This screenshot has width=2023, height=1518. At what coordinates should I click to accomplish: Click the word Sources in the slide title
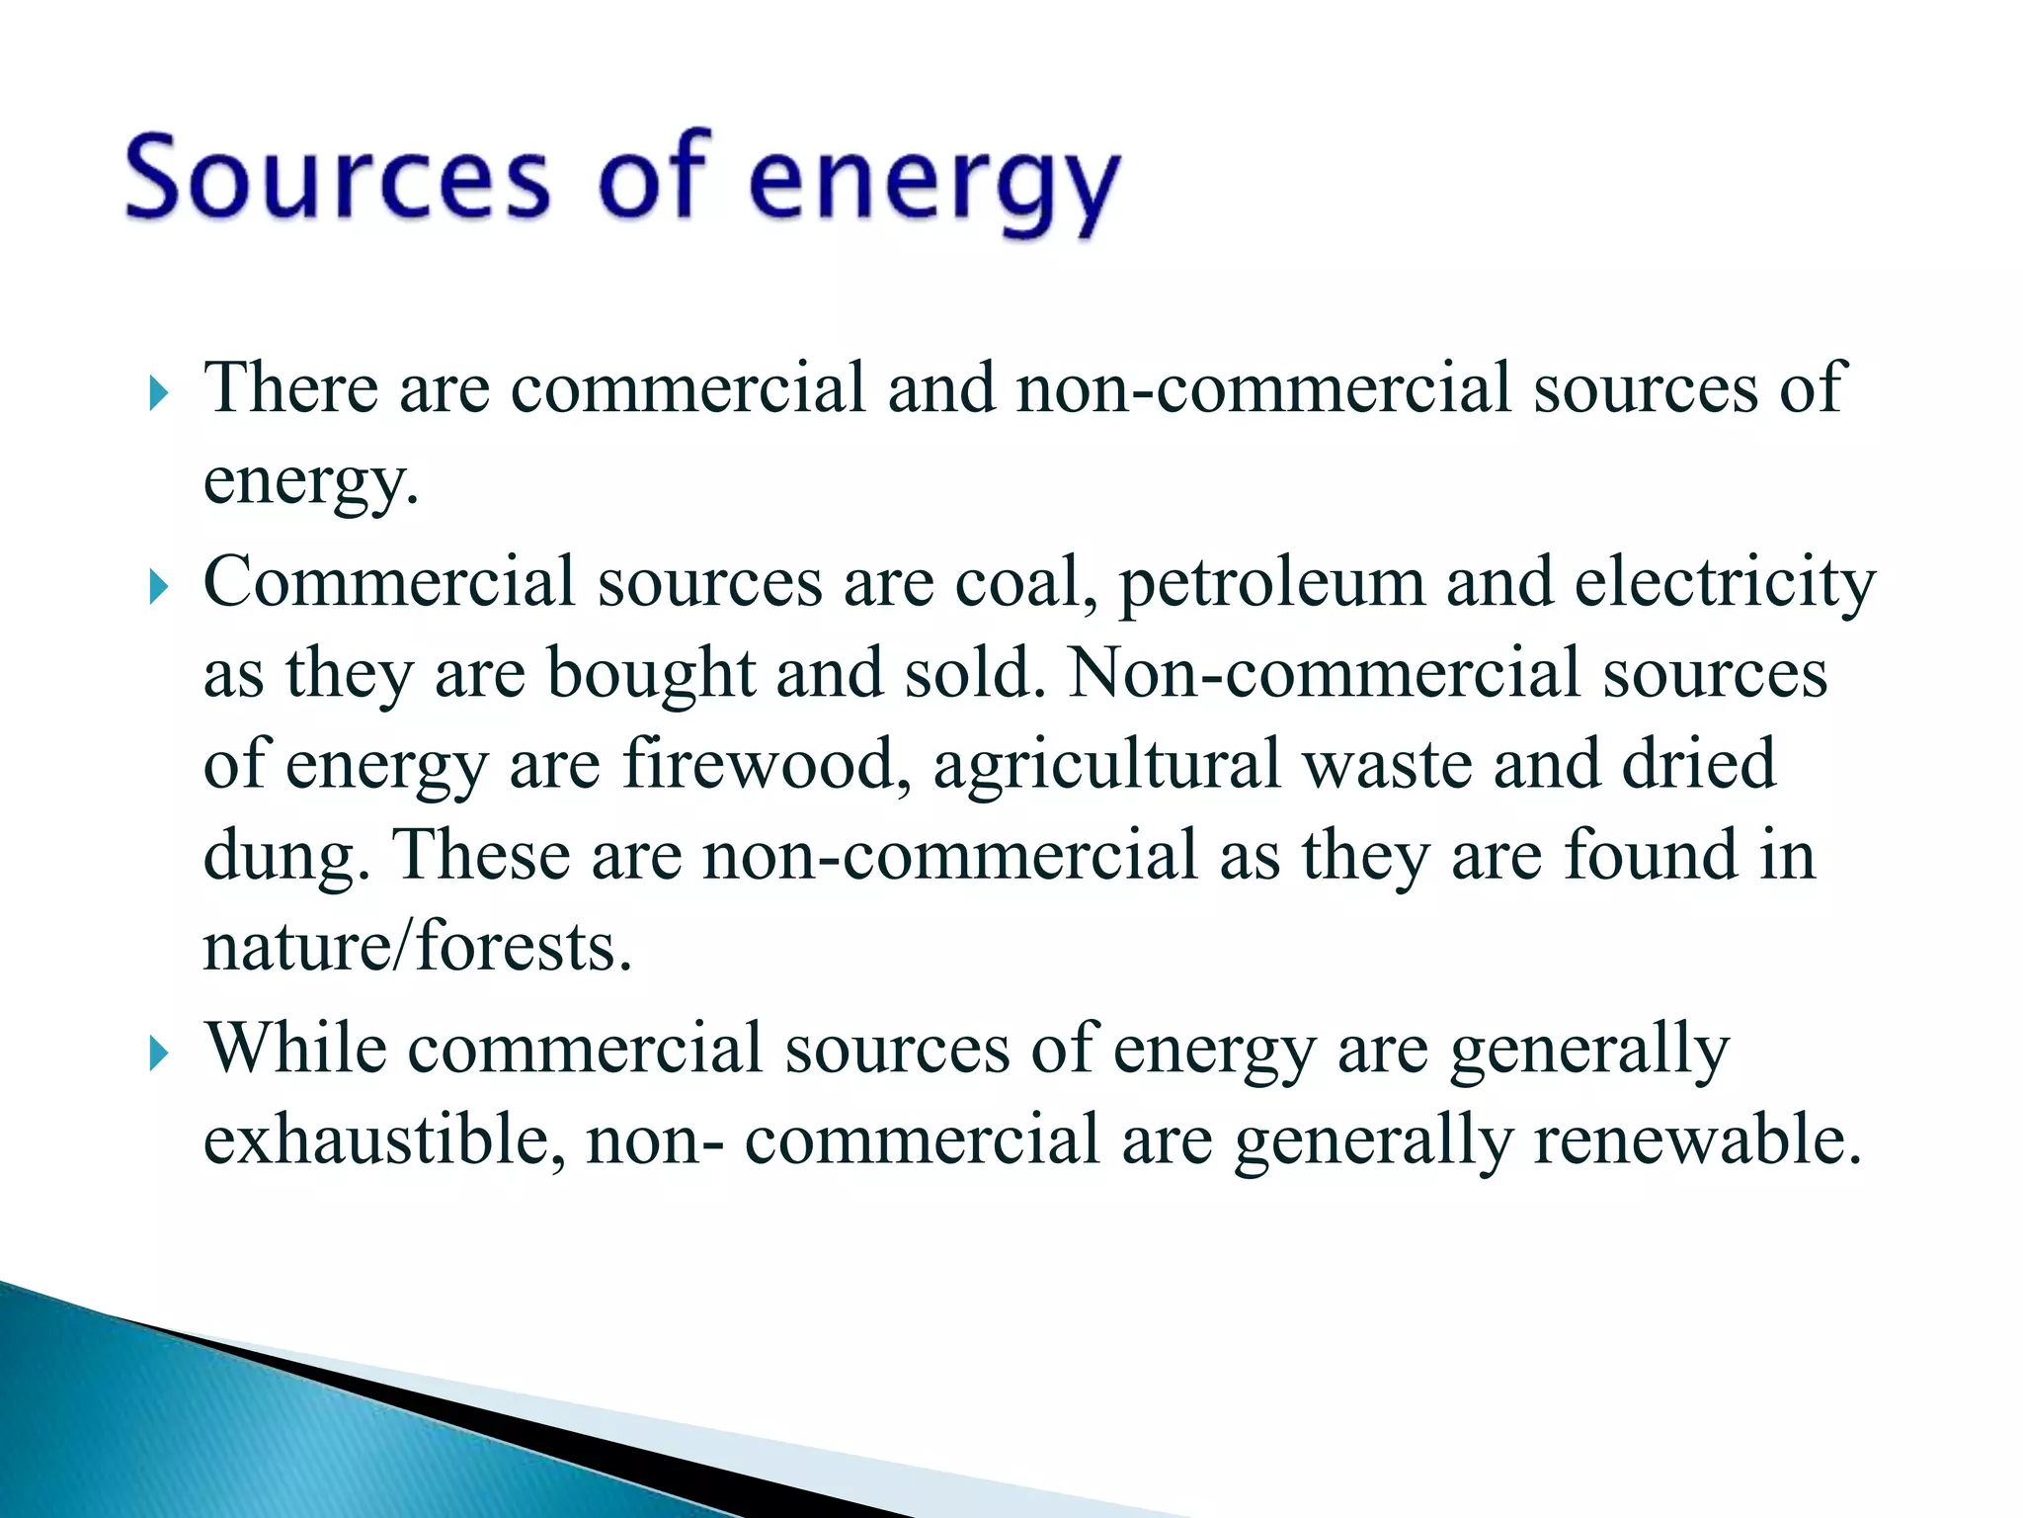point(337,178)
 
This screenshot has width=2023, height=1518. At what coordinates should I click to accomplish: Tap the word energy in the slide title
point(934,183)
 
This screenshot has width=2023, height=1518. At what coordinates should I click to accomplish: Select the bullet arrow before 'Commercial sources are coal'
point(158,588)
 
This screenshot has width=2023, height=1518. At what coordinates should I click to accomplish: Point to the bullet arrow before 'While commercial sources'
point(158,1054)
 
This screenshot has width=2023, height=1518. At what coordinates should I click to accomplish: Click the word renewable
point(1697,1139)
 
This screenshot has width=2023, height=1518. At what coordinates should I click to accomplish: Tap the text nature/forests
point(416,947)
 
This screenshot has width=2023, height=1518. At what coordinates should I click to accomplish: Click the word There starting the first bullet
point(290,387)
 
